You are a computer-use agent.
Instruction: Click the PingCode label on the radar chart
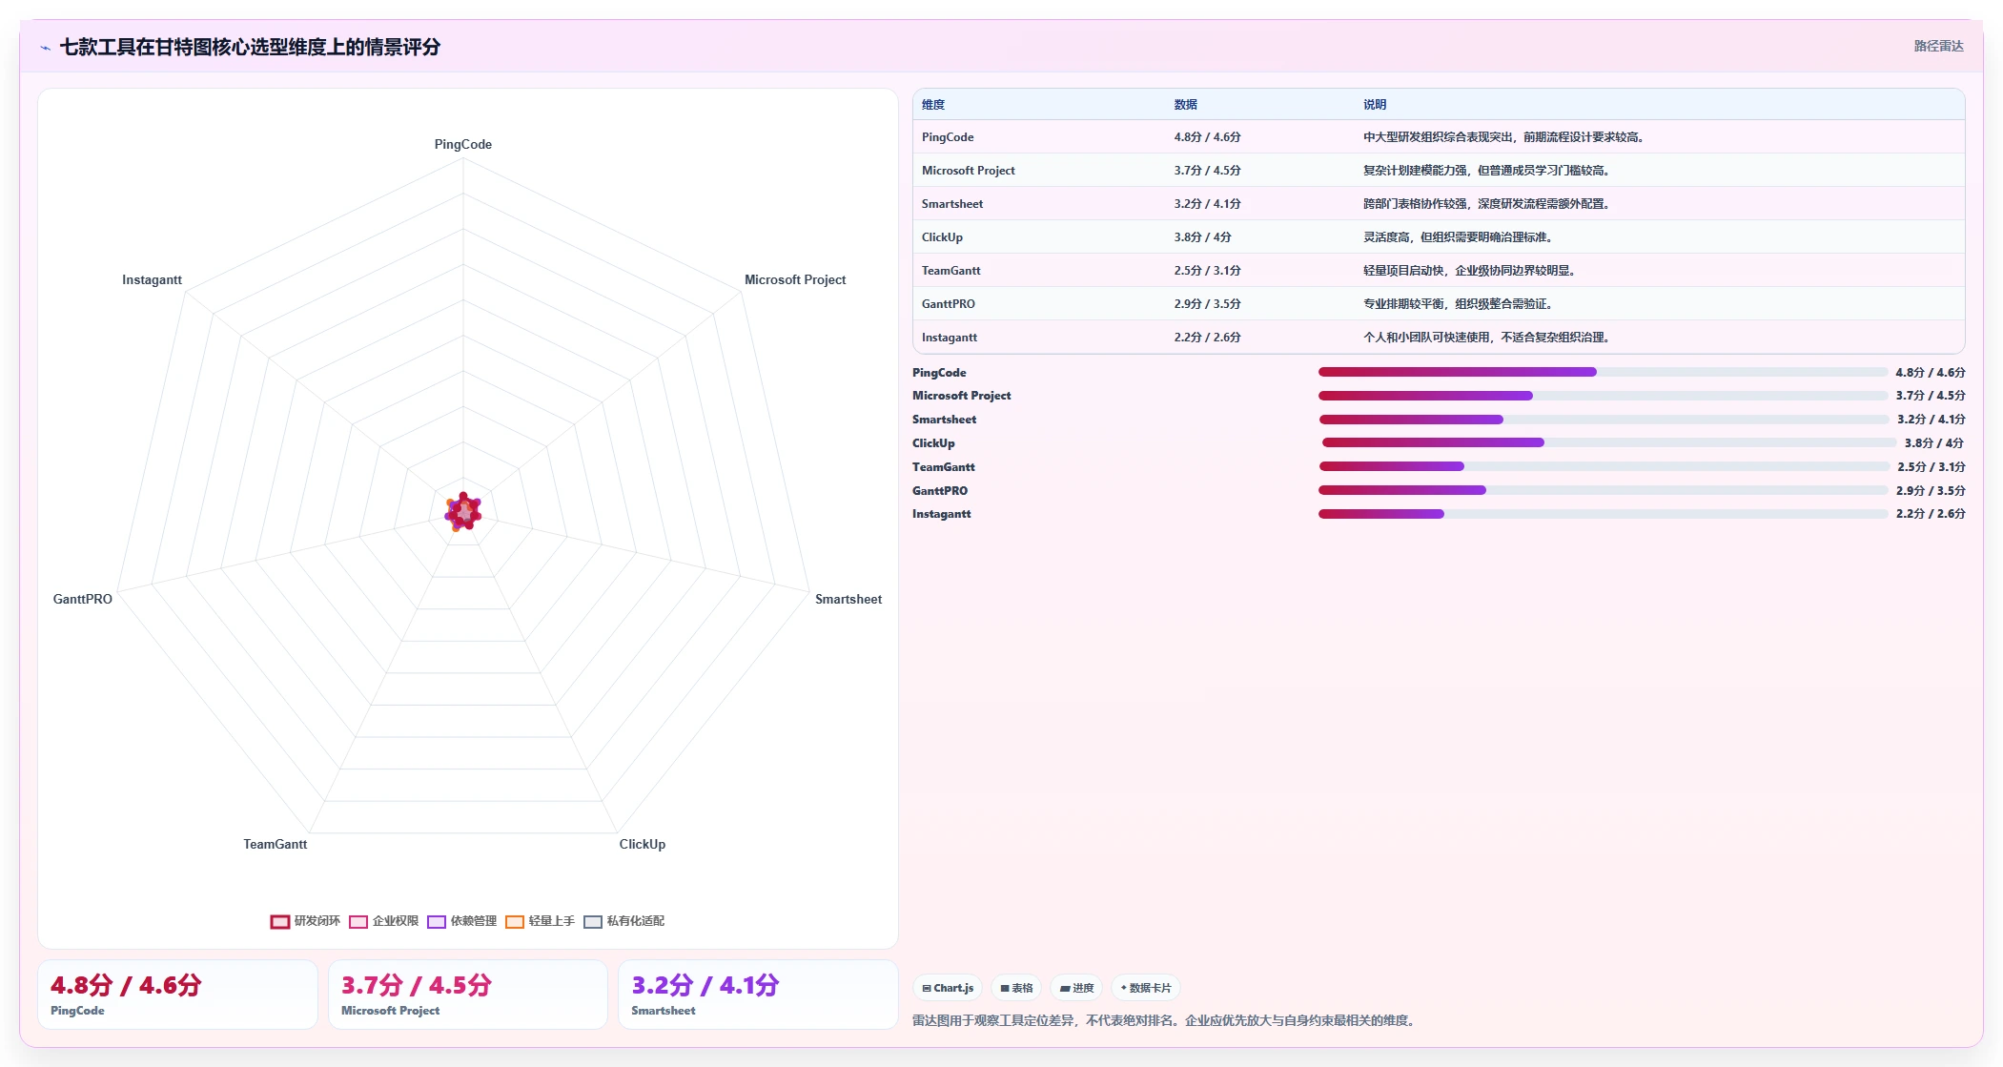[463, 144]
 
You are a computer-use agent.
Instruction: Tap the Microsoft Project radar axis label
[795, 279]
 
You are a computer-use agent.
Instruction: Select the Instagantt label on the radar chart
[152, 279]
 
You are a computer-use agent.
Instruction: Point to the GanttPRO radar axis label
[83, 599]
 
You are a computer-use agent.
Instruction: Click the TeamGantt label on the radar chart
[276, 844]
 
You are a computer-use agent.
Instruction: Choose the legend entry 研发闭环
[305, 921]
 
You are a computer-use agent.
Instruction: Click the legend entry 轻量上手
[540, 921]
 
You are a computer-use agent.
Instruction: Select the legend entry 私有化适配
[624, 921]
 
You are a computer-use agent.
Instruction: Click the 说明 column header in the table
[1375, 105]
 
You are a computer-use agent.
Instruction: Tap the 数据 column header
[1186, 105]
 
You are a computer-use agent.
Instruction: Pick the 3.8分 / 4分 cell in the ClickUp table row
[1203, 237]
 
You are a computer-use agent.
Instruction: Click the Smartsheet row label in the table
[952, 204]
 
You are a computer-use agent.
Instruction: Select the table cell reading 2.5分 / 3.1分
[1208, 271]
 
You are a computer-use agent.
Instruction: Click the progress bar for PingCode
[1603, 372]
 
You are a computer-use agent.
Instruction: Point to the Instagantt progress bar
[1603, 514]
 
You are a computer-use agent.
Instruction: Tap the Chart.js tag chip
[948, 988]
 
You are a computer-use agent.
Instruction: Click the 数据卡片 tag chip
[1146, 988]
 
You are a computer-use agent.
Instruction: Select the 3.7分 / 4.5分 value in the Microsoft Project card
[417, 985]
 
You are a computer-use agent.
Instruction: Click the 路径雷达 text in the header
[1939, 46]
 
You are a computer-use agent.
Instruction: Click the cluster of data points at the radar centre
[463, 512]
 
